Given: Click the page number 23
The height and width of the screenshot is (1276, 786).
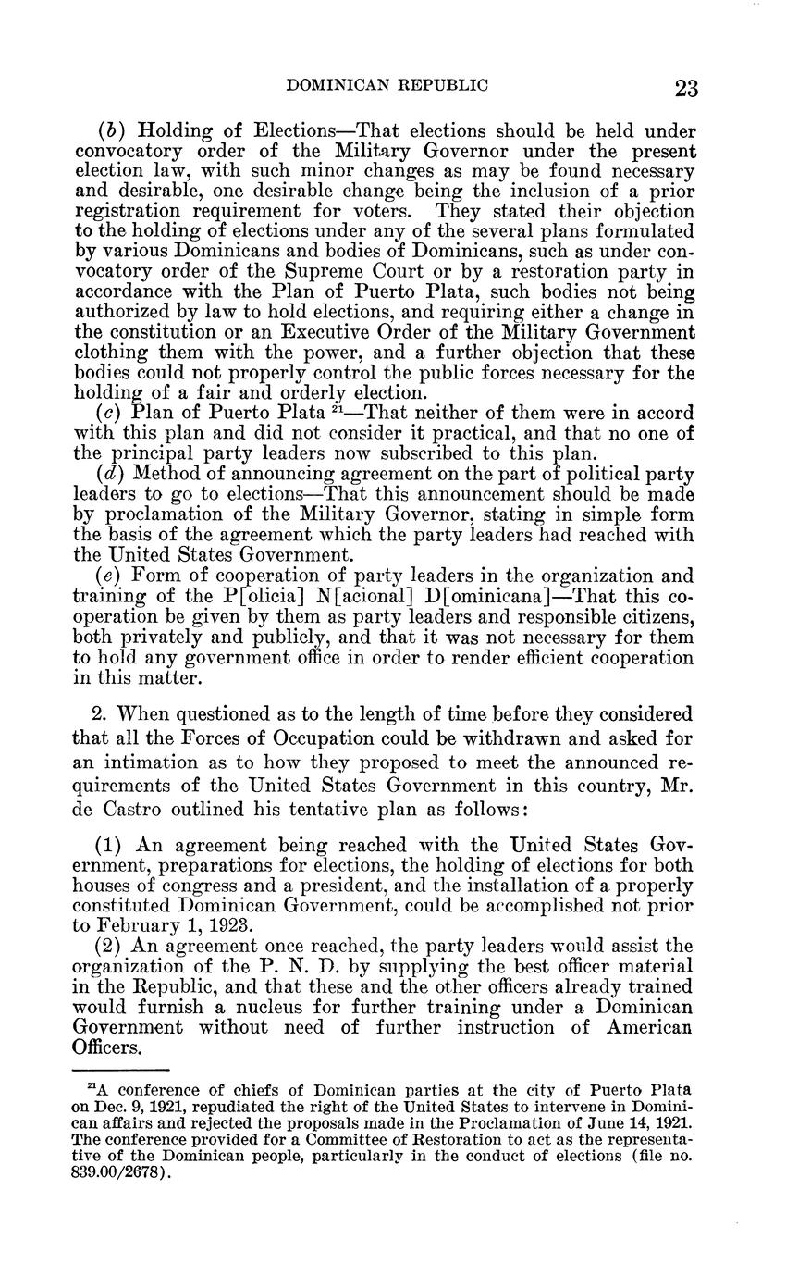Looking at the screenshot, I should (686, 88).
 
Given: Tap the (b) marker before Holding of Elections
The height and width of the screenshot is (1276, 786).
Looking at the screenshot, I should (111, 130).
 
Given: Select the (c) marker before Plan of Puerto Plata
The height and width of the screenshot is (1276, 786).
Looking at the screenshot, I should (110, 412).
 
